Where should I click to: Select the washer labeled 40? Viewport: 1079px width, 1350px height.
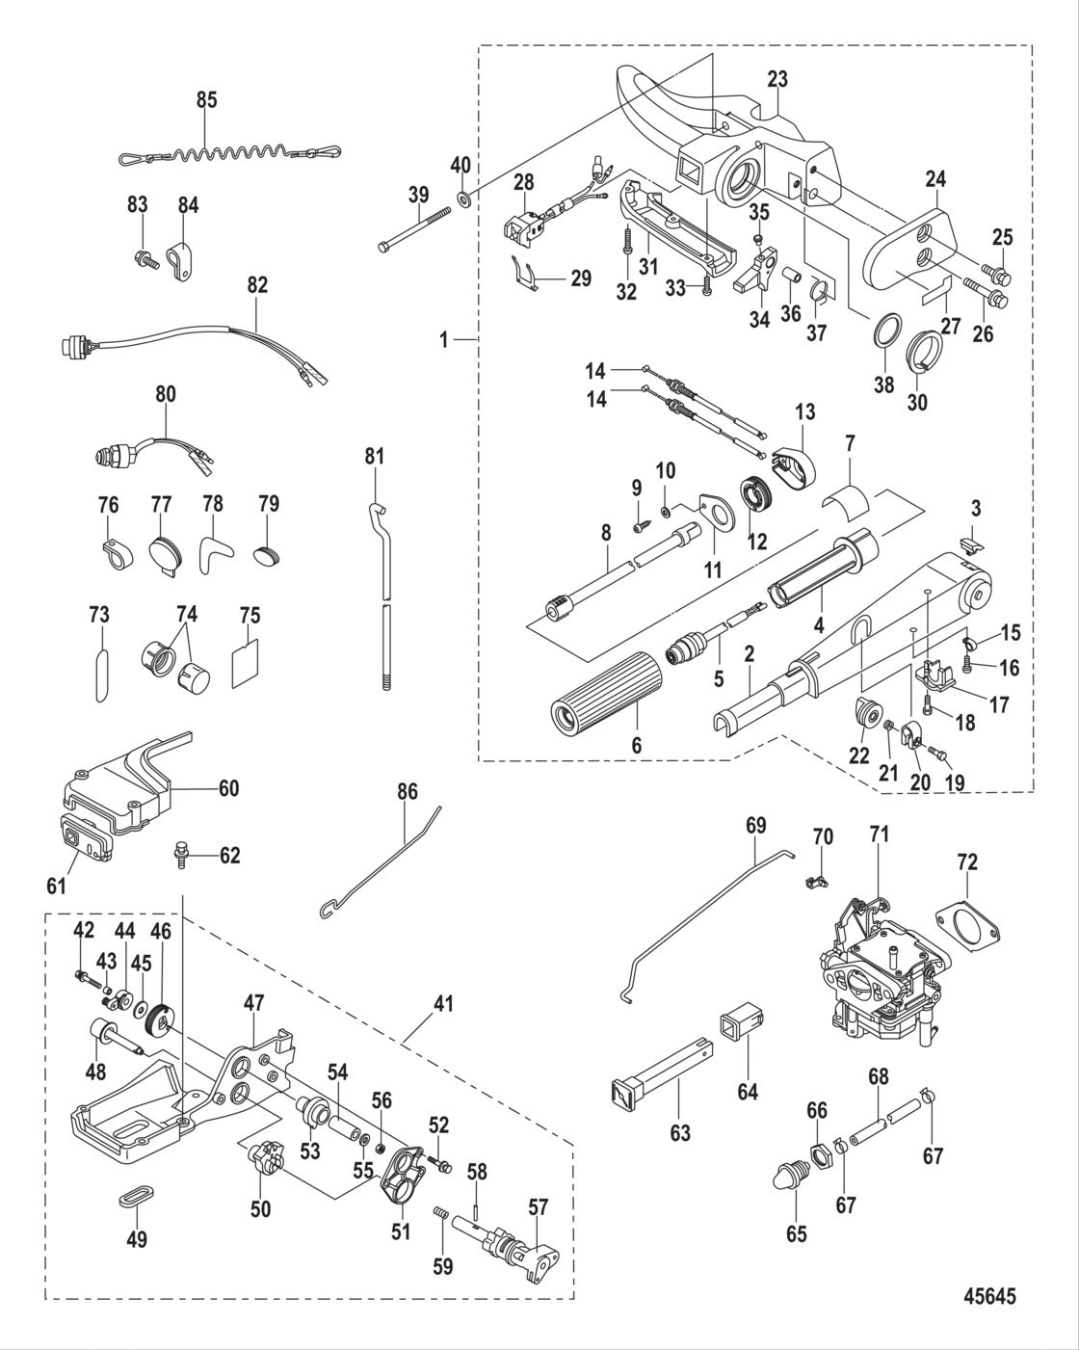point(463,199)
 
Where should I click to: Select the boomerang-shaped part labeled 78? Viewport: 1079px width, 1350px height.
point(214,557)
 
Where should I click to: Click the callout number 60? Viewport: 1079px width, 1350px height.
point(227,788)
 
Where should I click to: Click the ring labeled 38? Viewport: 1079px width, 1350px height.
point(887,336)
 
